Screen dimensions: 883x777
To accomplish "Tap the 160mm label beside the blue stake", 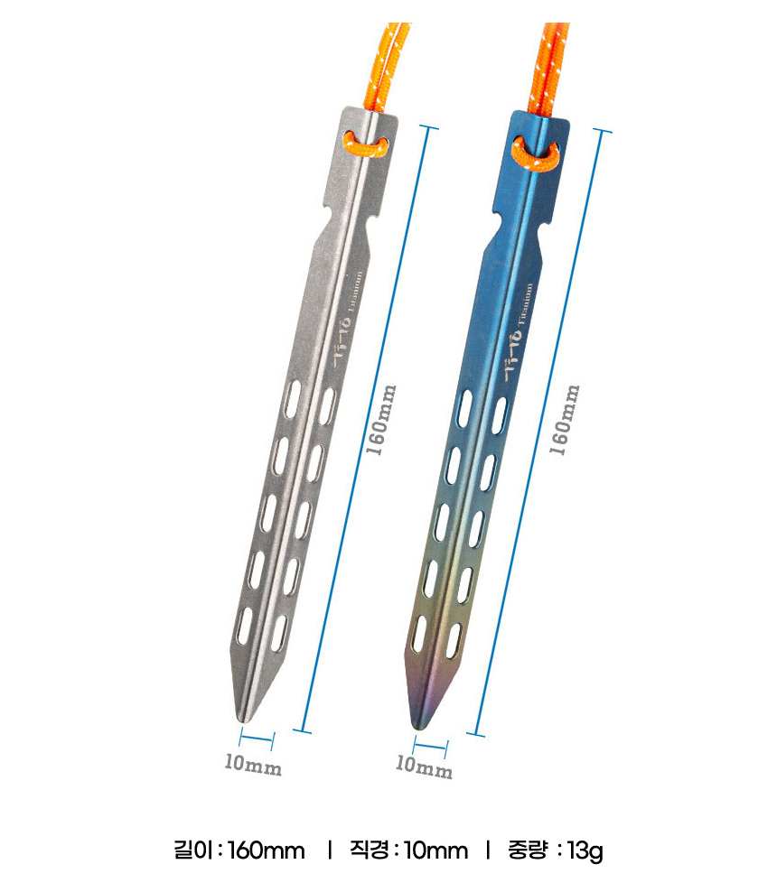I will click(565, 420).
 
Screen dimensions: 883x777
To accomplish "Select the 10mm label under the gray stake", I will click(253, 766).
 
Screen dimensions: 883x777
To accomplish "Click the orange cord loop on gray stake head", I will click(365, 144).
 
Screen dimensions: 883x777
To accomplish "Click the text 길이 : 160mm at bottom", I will click(239, 850).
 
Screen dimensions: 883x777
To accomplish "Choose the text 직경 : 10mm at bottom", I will click(408, 850).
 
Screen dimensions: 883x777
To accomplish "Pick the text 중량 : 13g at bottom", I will click(557, 850).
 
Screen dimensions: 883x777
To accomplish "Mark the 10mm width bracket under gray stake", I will click(257, 741).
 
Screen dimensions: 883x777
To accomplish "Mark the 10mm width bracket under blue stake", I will click(430, 745).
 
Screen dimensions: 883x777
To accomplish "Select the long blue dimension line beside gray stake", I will click(366, 429).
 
